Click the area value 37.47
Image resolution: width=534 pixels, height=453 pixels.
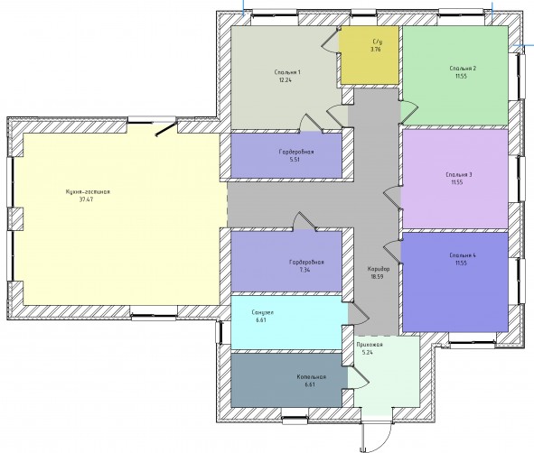pyautogui.click(x=86, y=199)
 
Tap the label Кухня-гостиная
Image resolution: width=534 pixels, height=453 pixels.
pyautogui.click(x=88, y=192)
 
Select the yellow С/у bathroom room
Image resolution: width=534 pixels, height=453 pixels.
pyautogui.click(x=370, y=55)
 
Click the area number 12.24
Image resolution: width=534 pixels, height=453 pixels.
pyautogui.click(x=285, y=80)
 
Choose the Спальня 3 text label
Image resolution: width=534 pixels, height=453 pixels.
pyautogui.click(x=459, y=175)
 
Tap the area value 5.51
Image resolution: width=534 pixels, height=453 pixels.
pyautogui.click(x=295, y=160)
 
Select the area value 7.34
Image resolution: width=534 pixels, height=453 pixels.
pyautogui.click(x=304, y=270)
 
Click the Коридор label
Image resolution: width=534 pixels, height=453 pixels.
pyautogui.click(x=379, y=269)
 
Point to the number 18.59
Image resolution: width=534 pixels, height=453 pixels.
pyautogui.click(x=377, y=276)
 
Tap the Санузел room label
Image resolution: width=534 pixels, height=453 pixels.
pyautogui.click(x=263, y=312)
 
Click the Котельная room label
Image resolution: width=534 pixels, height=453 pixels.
pyautogui.click(x=311, y=377)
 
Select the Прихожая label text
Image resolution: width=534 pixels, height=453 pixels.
pyautogui.click(x=370, y=345)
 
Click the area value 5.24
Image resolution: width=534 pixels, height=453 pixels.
pyautogui.click(x=368, y=352)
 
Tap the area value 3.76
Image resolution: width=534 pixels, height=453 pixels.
pyautogui.click(x=376, y=50)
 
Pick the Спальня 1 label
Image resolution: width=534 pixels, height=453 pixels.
pyautogui.click(x=287, y=72)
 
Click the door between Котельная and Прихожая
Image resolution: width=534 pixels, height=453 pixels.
pyautogui.click(x=359, y=377)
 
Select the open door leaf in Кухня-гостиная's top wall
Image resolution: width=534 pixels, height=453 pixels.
pyautogui.click(x=166, y=128)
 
